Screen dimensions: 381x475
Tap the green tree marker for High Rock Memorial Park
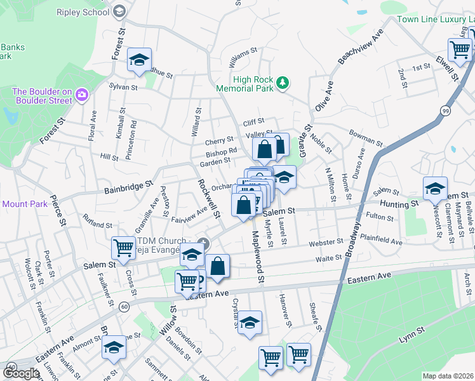[x=284, y=83]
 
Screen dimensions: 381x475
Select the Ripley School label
[x=83, y=12]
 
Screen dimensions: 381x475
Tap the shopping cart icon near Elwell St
[x=459, y=49]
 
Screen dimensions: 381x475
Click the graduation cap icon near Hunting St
[x=435, y=189]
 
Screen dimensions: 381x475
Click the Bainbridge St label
[x=128, y=187]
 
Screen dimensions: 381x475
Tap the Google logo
[x=21, y=373]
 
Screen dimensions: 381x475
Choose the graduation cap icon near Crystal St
[x=250, y=323]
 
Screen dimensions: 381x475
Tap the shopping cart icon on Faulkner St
[x=123, y=248]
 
